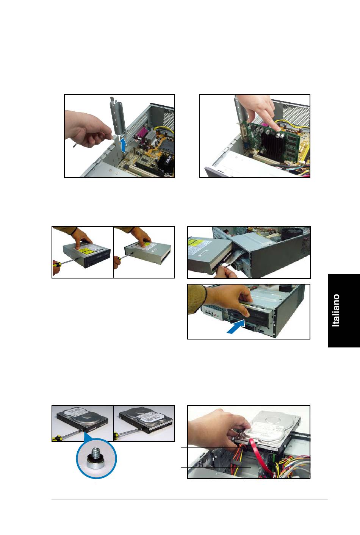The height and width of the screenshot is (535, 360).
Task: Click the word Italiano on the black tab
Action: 336,310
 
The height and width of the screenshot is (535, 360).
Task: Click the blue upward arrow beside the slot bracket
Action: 123,145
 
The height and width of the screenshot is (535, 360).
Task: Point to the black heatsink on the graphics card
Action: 272,146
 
